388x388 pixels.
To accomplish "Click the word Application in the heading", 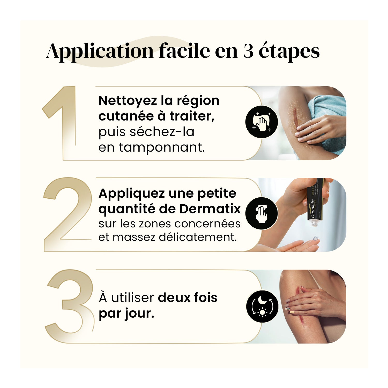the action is coord(100,51).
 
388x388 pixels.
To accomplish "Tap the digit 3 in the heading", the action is coord(248,51).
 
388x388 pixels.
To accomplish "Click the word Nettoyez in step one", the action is coord(128,101).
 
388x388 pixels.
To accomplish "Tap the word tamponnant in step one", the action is coord(162,148).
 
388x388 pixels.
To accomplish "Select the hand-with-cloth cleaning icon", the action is coord(262,122).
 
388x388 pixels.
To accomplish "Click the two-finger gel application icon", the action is coord(262,213).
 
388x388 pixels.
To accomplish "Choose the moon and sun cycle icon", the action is coord(262,306).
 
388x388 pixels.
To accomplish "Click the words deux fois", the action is coord(188,298).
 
